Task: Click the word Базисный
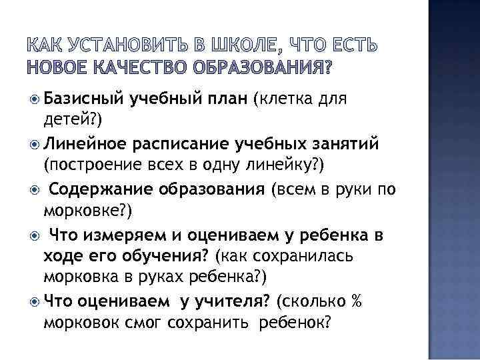[x=81, y=100]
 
